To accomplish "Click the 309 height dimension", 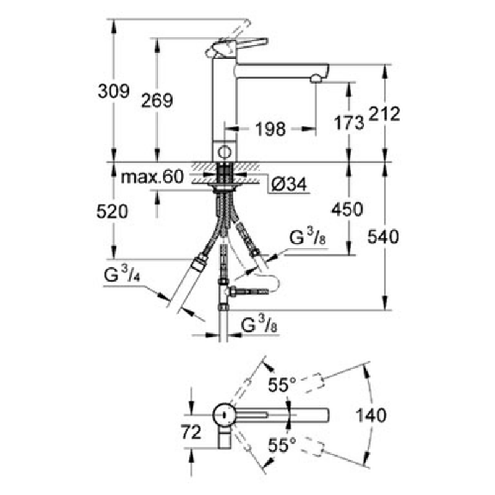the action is (x=113, y=91).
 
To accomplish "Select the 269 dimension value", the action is (x=157, y=101).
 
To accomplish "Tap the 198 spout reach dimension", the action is (x=270, y=129).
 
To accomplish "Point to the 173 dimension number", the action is (x=349, y=123).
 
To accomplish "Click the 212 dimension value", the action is (x=384, y=114).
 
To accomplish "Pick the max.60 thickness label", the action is (x=152, y=177).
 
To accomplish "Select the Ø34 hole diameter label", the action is (x=289, y=184).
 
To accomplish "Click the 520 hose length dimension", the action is (x=113, y=211).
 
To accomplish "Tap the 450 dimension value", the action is (x=347, y=209).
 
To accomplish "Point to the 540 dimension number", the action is (x=383, y=237).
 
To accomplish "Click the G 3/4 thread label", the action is (x=122, y=273).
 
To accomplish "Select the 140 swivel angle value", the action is (x=371, y=415).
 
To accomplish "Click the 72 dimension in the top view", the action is (x=191, y=431).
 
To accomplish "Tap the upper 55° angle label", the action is (x=282, y=384).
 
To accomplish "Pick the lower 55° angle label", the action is (x=282, y=445).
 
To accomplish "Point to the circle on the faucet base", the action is (x=225, y=152).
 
